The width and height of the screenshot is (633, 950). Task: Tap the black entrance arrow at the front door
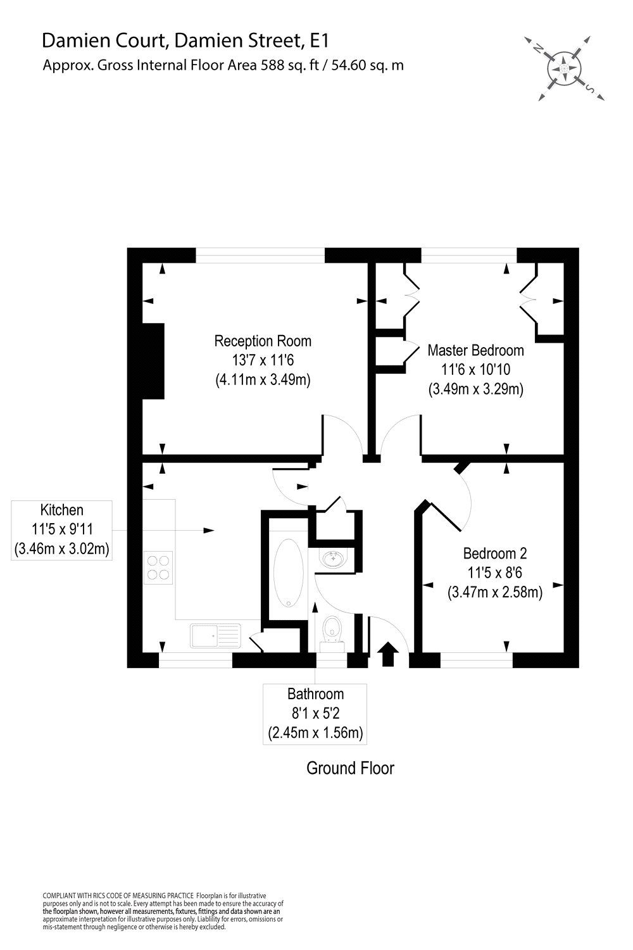[387, 654]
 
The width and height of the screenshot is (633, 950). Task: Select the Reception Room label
[263, 341]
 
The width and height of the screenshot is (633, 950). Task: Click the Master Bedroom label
[475, 350]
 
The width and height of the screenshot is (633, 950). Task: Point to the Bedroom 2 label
[494, 554]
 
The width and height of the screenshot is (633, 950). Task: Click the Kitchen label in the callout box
[62, 510]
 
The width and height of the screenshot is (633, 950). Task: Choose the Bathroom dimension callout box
[315, 714]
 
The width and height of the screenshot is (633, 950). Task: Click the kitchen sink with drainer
[215, 635]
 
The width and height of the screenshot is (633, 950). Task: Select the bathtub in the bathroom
[289, 574]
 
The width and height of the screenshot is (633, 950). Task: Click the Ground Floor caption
[350, 768]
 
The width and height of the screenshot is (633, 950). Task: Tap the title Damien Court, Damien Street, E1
[186, 41]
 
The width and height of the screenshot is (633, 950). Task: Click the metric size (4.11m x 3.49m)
[263, 380]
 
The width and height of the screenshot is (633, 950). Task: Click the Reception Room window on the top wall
[260, 255]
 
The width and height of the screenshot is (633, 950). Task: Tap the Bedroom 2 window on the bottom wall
[476, 661]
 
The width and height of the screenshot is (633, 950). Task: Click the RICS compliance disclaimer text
[162, 910]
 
